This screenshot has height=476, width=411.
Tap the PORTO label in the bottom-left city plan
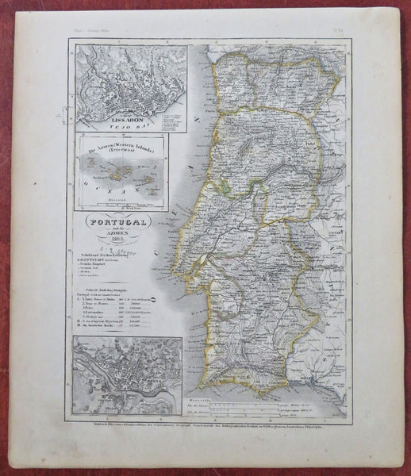[x=90, y=343]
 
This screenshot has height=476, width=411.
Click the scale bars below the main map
[x=254, y=407]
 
